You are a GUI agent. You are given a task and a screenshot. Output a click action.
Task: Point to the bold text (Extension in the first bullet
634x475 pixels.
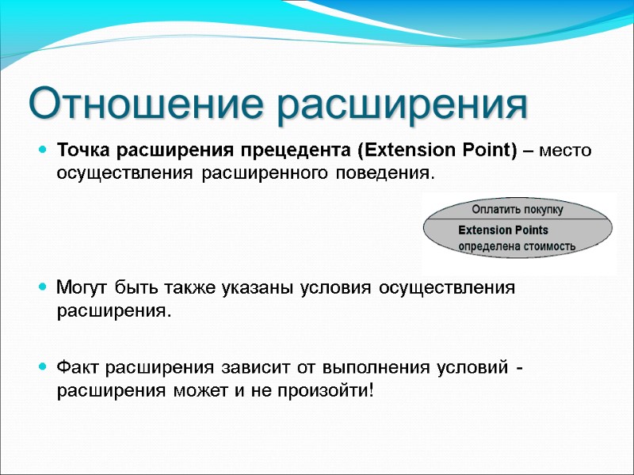tap(402, 150)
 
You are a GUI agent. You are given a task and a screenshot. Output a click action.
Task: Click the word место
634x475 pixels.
tap(565, 150)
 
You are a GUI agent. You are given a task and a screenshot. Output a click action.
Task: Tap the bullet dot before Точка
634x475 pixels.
tap(42, 150)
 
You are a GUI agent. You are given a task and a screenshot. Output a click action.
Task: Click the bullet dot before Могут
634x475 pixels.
tap(42, 287)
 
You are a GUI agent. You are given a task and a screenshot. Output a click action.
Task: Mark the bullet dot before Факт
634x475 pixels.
tap(42, 367)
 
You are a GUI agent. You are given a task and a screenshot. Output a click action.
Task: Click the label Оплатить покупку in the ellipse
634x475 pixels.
tap(517, 210)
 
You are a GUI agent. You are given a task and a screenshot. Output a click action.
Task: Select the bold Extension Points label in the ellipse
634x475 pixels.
tap(503, 230)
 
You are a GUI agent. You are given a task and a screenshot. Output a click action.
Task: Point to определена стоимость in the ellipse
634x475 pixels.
tap(518, 246)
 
